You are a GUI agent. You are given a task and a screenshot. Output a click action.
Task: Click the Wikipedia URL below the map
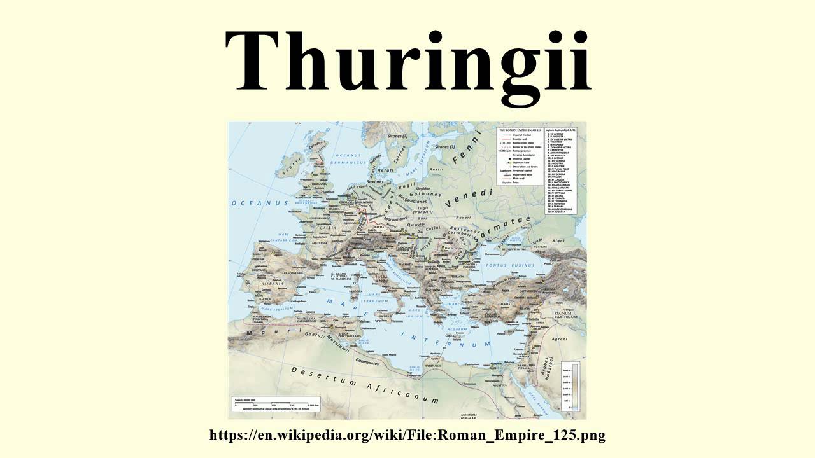(x=407, y=436)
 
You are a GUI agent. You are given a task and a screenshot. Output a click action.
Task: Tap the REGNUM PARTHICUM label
(x=565, y=315)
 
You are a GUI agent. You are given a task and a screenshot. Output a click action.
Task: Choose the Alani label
(x=558, y=241)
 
